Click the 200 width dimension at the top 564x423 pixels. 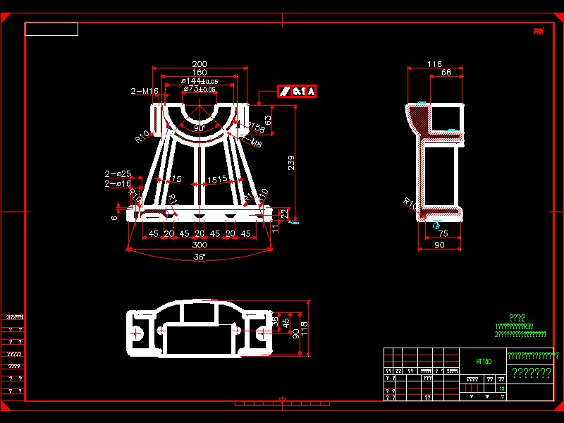pyautogui.click(x=200, y=64)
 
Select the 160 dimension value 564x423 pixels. pyautogui.click(x=200, y=73)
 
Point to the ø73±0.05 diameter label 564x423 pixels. pyautogui.click(x=200, y=90)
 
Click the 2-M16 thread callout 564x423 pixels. pyautogui.click(x=145, y=91)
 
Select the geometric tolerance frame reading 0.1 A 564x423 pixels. pyautogui.click(x=297, y=91)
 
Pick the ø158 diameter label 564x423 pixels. pyautogui.click(x=256, y=128)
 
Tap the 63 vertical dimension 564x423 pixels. pyautogui.click(x=268, y=120)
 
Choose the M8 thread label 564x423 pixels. pyautogui.click(x=257, y=144)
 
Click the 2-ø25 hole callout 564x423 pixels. pyautogui.click(x=118, y=173)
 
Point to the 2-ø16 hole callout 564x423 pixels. pyautogui.click(x=118, y=183)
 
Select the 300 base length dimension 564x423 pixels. pyautogui.click(x=200, y=245)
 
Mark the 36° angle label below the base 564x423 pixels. pyautogui.click(x=200, y=257)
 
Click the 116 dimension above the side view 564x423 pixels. pyautogui.click(x=435, y=65)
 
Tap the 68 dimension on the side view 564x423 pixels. pyautogui.click(x=446, y=73)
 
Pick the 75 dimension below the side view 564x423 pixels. pyautogui.click(x=443, y=233)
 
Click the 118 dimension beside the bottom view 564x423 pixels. pyautogui.click(x=305, y=328)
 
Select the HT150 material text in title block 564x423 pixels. pyautogui.click(x=483, y=360)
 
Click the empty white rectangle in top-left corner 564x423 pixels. pyautogui.click(x=51, y=29)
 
